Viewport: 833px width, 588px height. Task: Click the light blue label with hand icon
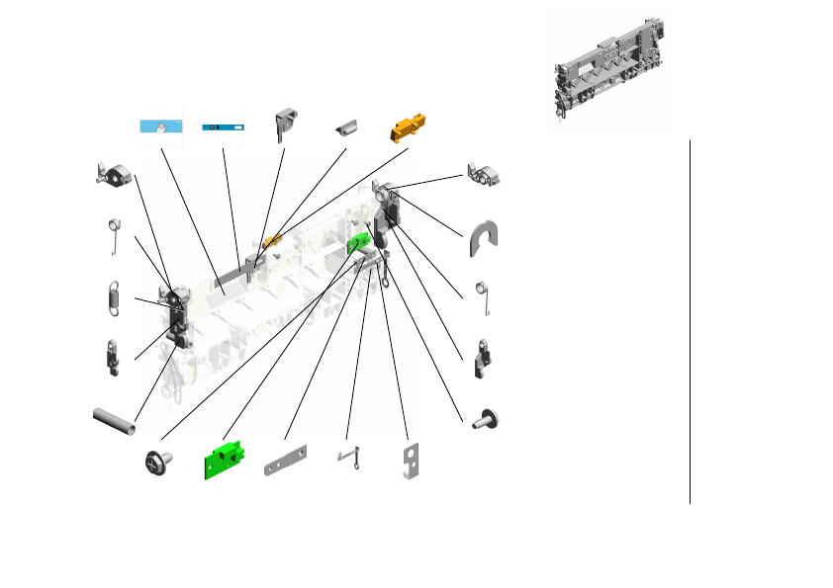point(161,126)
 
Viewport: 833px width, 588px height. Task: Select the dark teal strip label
point(223,127)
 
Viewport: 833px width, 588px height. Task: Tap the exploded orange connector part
point(408,127)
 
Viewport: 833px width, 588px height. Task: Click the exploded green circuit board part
point(225,460)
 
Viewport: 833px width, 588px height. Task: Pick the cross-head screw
point(159,462)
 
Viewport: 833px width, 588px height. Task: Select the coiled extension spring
point(113,296)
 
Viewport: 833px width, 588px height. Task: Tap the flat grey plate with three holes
point(287,465)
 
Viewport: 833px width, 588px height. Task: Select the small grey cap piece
point(347,127)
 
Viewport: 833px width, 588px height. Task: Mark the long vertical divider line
point(690,321)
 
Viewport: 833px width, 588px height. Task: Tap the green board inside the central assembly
point(357,242)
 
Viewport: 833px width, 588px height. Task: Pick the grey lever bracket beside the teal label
point(287,121)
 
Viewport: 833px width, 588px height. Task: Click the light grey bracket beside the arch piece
point(486,175)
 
